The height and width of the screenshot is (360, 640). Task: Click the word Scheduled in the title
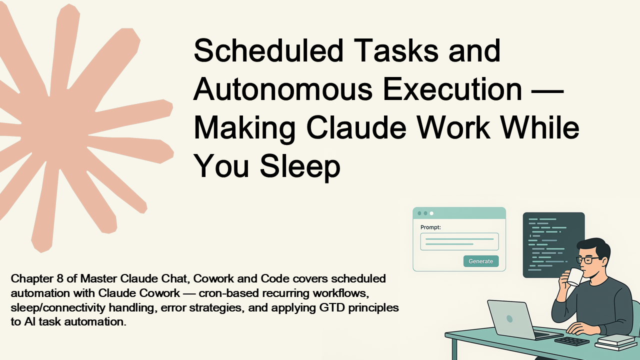pos(268,50)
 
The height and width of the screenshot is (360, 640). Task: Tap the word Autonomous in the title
pos(283,89)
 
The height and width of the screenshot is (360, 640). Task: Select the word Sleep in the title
pos(300,166)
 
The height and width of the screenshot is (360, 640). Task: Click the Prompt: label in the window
pos(430,227)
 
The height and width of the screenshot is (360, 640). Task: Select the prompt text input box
pos(459,241)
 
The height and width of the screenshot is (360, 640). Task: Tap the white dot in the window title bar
pos(431,213)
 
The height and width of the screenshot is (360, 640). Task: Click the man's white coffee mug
pos(575,277)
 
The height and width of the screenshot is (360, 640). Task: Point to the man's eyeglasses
pos(587,260)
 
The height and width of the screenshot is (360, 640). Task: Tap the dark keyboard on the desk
pos(572,341)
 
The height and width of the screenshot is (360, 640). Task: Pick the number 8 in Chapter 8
pos(59,278)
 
